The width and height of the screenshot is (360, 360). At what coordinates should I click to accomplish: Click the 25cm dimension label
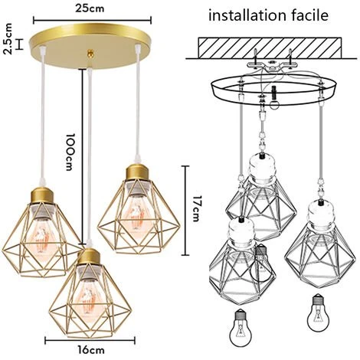(x=90, y=8)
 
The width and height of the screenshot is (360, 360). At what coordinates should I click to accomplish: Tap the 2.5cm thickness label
(x=8, y=38)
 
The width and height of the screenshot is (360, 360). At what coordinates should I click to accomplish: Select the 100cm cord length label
(x=70, y=152)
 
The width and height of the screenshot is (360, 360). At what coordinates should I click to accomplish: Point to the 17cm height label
(x=195, y=208)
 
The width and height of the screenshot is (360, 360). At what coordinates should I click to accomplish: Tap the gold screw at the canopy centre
(x=90, y=53)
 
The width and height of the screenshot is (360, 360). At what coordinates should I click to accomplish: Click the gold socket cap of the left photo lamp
(x=42, y=195)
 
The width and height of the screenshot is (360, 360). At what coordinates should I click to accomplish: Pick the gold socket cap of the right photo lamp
(x=138, y=172)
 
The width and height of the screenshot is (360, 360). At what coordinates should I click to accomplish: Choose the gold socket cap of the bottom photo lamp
(x=89, y=257)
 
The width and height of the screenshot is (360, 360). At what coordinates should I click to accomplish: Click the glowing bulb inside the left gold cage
(x=41, y=236)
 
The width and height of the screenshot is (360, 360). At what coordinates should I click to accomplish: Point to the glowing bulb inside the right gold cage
(x=137, y=212)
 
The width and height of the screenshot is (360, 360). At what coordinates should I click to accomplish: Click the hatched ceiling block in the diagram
(x=270, y=47)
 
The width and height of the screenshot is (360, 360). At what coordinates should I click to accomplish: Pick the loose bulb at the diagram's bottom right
(x=318, y=313)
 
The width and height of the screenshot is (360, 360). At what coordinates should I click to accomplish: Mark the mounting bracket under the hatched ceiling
(x=272, y=64)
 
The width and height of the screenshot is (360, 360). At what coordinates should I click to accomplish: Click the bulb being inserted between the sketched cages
(x=262, y=263)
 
